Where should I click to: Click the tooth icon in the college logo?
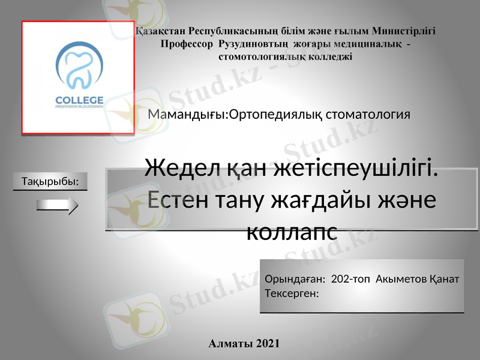coord(79,68)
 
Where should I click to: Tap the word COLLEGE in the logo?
coord(79,99)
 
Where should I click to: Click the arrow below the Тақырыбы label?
coord(58,208)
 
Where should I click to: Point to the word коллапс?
coord(292,229)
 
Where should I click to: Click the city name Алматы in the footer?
coord(230,344)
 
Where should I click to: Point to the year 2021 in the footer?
coord(268,344)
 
